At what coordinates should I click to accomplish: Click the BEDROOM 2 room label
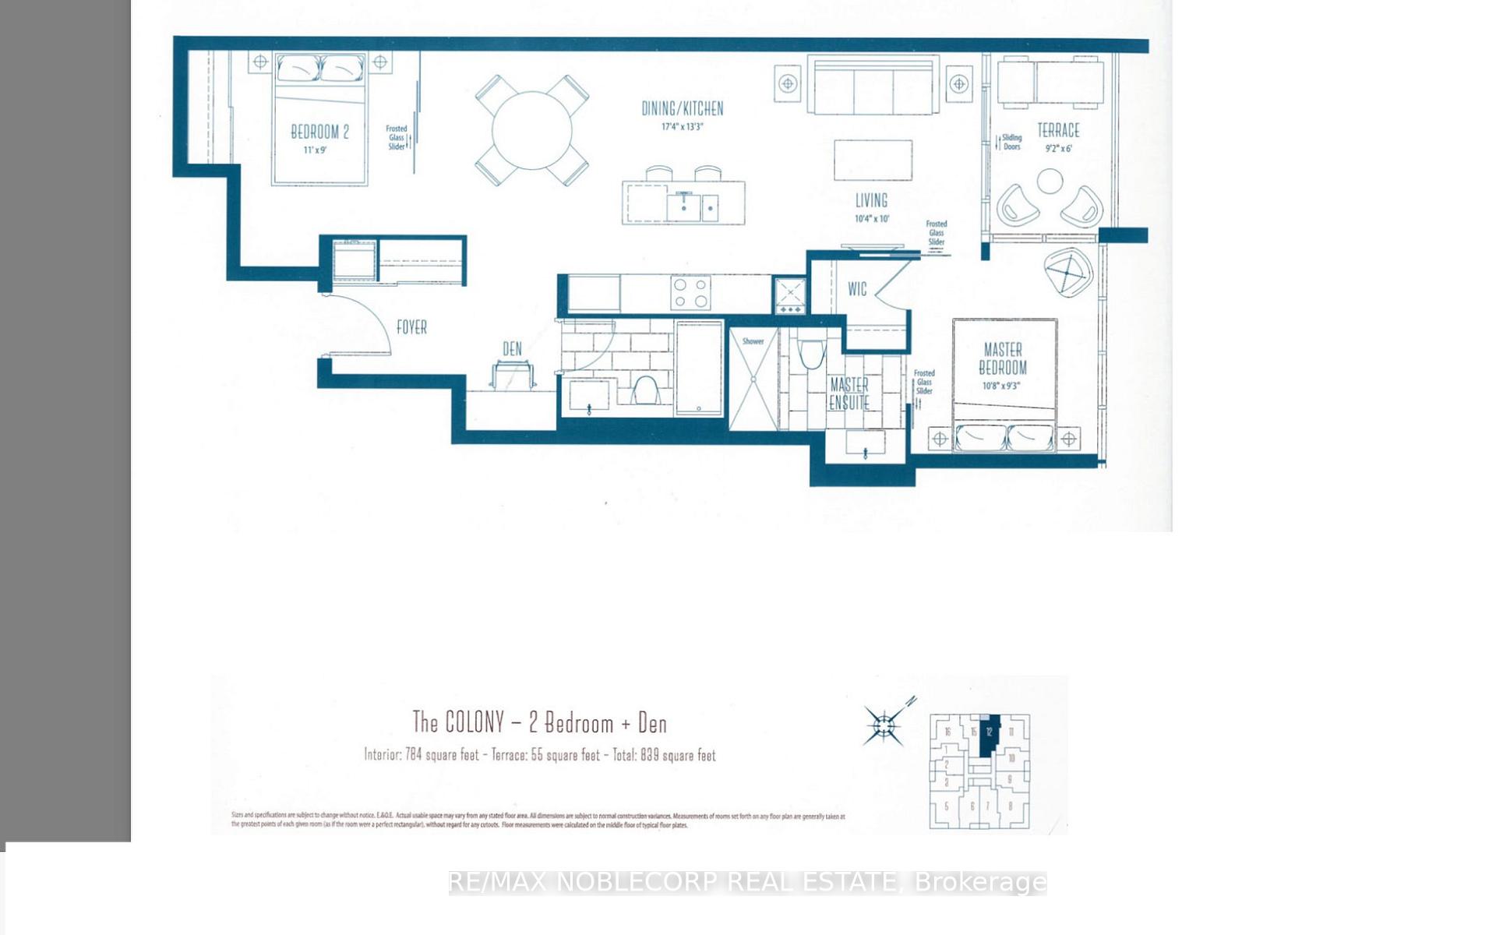coord(319,132)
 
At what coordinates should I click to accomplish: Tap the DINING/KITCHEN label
coord(683,109)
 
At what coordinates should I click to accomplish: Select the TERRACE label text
coord(1058,130)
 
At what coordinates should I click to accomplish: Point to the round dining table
coord(531,130)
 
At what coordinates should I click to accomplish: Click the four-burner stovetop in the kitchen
coord(690,293)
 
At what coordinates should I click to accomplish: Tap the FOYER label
coord(411,327)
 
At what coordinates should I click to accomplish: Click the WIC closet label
coord(857,289)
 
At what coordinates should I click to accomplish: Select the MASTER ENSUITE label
coord(849,393)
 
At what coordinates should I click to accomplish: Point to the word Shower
coord(753,341)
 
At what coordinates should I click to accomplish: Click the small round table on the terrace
coord(1050,182)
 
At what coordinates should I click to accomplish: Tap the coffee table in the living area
coord(873,161)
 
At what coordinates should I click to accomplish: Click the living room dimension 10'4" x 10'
coord(872,219)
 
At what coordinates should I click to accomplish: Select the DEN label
coord(512,349)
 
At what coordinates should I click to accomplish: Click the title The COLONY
coord(458,722)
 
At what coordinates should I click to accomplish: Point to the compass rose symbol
coord(884,726)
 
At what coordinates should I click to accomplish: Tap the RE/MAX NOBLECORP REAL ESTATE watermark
coord(747,882)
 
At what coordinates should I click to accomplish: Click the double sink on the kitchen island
coord(693,207)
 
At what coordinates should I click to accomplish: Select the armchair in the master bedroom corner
coord(1068,272)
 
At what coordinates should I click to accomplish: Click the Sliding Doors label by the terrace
coord(1011,142)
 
